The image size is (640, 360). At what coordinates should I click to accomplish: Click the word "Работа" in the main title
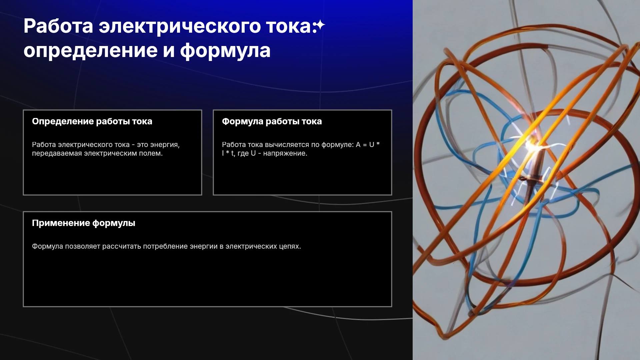58,26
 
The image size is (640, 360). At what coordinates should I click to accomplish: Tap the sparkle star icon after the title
320,25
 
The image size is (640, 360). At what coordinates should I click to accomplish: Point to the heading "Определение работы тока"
92,121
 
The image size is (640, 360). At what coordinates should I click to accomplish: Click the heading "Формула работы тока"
272,121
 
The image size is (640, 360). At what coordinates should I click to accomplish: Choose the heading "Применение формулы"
84,223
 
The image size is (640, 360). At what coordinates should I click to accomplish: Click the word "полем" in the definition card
151,153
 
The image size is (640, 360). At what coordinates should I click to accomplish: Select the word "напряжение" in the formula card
285,153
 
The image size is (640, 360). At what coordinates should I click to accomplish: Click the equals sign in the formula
365,145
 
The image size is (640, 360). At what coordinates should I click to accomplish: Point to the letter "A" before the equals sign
358,145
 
